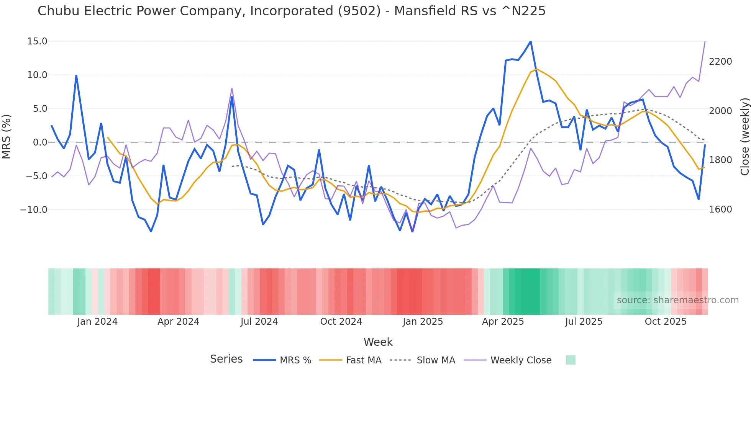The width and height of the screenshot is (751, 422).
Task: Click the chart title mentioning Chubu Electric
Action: [291, 11]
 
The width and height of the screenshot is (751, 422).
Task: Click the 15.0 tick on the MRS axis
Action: [37, 41]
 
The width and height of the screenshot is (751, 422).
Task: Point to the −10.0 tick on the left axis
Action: [34, 210]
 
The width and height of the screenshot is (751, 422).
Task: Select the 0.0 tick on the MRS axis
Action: [40, 142]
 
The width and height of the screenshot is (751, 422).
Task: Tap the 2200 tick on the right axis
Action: [720, 62]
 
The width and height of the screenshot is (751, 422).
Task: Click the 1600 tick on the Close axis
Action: [720, 209]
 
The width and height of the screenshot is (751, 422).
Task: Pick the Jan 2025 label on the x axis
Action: [423, 322]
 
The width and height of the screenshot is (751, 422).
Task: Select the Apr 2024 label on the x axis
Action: [178, 322]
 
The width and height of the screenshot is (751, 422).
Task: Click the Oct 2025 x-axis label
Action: [666, 322]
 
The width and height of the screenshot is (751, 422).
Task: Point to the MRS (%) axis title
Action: [7, 137]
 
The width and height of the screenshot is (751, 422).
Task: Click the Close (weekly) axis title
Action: [744, 137]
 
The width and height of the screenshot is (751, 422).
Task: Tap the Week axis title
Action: [378, 342]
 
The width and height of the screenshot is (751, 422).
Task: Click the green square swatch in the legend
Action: [571, 360]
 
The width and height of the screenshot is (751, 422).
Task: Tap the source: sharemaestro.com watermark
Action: [677, 300]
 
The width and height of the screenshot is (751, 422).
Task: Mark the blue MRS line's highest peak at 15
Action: [530, 41]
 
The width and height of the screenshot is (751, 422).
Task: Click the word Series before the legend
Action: [226, 359]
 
